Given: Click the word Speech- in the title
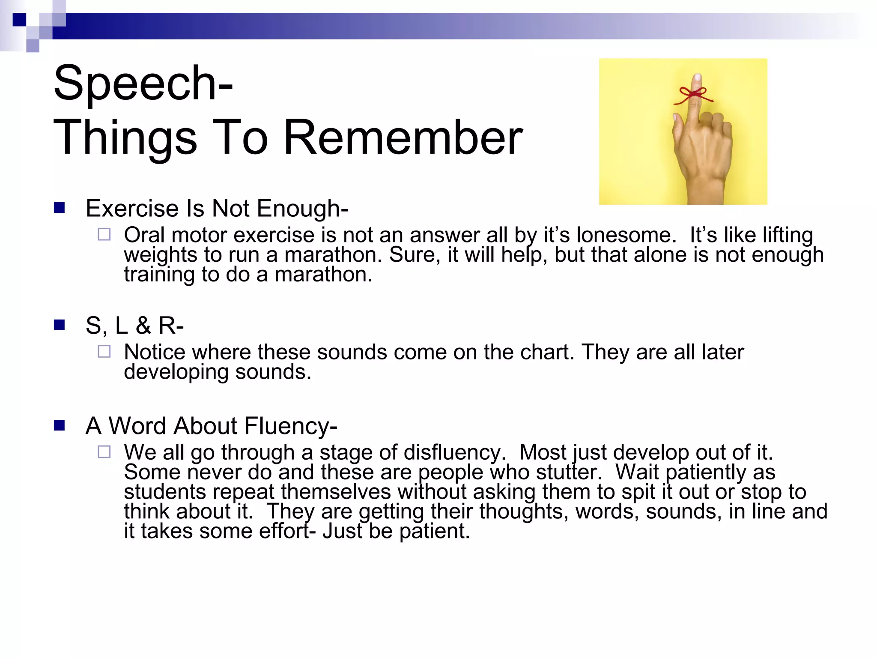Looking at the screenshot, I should (143, 83).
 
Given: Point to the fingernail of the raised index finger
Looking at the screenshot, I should (698, 79).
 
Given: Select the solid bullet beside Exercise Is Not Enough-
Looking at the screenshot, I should (59, 208).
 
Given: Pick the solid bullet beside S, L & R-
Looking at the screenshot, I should (59, 325).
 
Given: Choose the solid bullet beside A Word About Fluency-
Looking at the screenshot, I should (59, 425).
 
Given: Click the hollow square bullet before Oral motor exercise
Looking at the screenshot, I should (104, 234).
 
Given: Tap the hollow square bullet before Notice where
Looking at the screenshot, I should (104, 352).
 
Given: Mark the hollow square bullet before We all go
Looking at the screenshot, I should (104, 452).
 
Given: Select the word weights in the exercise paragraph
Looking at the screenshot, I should (161, 255).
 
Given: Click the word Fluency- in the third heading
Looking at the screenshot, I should (291, 426).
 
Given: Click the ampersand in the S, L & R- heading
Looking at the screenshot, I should (143, 326).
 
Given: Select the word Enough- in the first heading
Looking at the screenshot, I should (303, 209).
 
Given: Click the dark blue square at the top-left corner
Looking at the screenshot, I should (19, 20).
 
